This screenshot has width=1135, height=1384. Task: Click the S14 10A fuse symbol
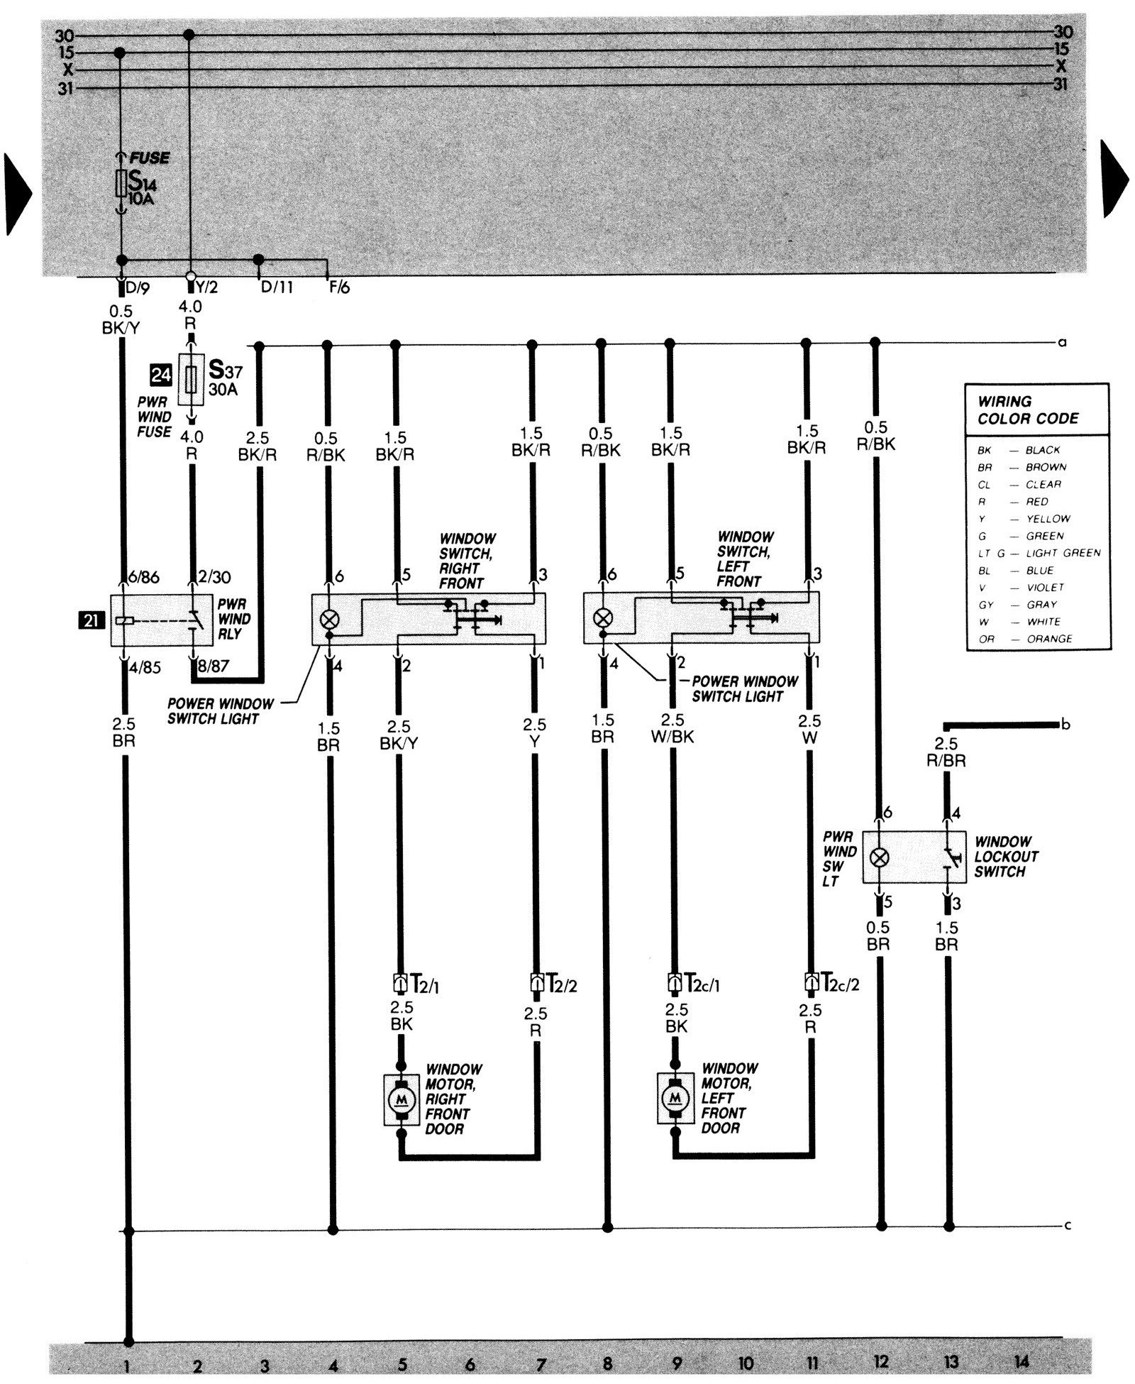121,183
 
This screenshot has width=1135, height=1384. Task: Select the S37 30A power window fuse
190,379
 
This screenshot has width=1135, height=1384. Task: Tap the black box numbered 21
92,620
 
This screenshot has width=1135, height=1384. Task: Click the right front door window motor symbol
402,1099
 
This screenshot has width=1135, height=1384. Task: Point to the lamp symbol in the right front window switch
329,619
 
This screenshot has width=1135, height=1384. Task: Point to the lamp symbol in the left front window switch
602,617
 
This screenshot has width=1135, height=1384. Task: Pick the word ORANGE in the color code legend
1048,639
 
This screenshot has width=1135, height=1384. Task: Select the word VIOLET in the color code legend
1046,587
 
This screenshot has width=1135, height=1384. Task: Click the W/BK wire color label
672,737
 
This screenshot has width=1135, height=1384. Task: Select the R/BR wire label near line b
946,760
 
